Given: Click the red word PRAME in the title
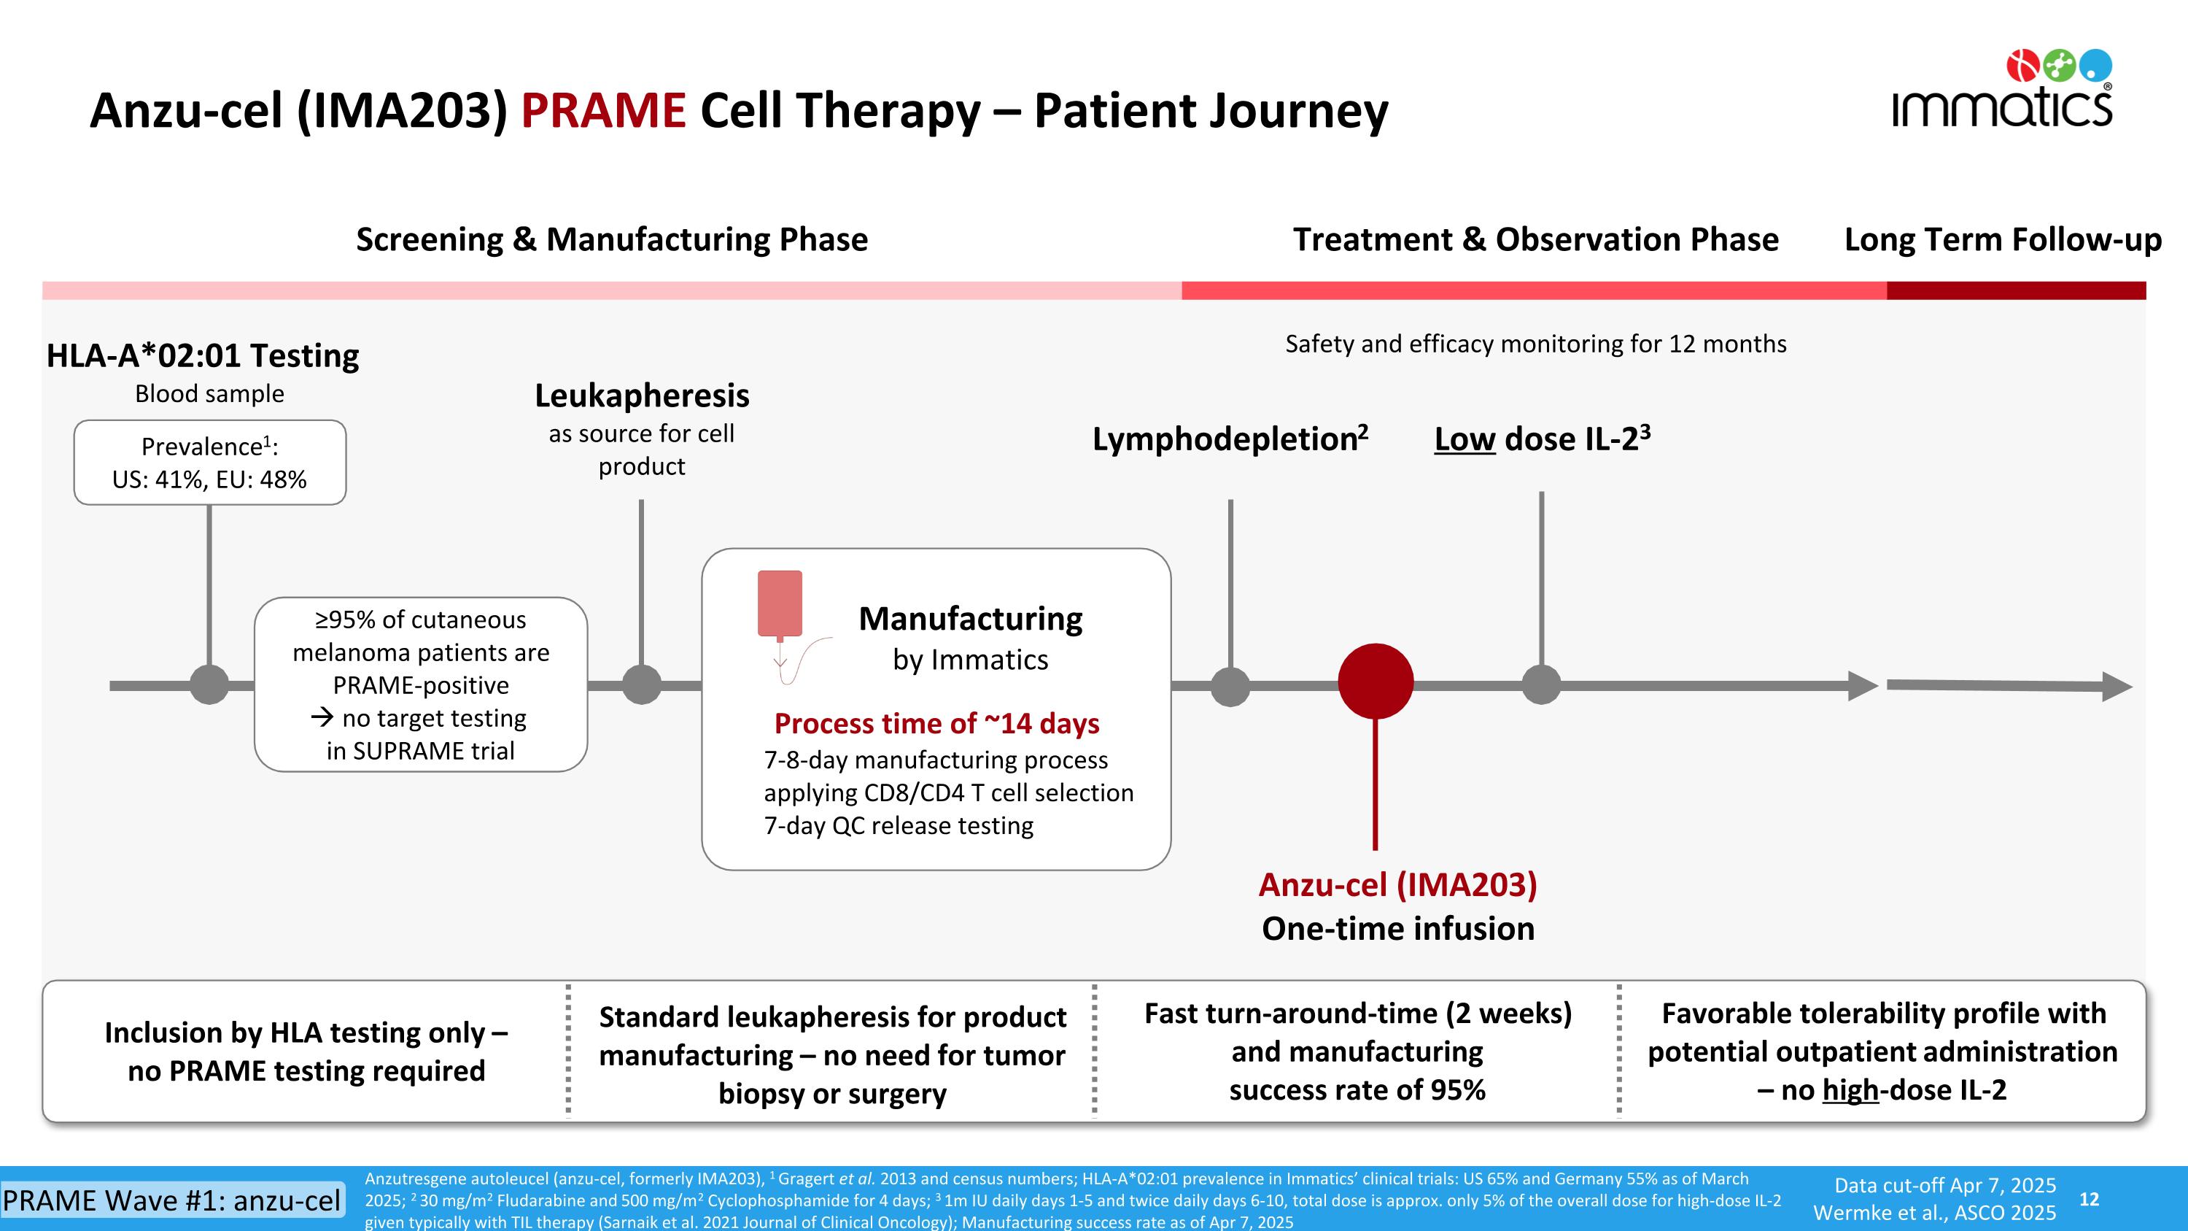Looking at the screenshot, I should click(603, 110).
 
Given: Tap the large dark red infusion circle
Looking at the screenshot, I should click(1375, 682).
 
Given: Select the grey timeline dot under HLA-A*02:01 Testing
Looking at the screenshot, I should click(209, 684).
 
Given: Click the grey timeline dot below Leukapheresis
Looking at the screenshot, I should click(641, 684).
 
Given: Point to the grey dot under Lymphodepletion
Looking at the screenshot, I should click(1230, 687).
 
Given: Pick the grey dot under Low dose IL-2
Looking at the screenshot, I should click(1541, 684).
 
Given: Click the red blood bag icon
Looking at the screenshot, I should click(780, 605).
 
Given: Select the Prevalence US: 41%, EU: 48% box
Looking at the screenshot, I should click(210, 463).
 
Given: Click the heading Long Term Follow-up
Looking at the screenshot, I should click(2003, 239).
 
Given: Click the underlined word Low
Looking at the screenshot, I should click(1465, 439).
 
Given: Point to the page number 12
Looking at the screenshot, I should click(2089, 1199).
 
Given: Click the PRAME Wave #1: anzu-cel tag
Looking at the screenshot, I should click(172, 1200).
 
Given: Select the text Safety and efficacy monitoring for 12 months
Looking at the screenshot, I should click(1535, 344).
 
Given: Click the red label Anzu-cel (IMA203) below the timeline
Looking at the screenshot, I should click(1397, 884).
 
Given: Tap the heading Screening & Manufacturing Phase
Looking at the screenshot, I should click(612, 239).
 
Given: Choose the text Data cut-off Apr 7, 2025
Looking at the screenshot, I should click(1945, 1185).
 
